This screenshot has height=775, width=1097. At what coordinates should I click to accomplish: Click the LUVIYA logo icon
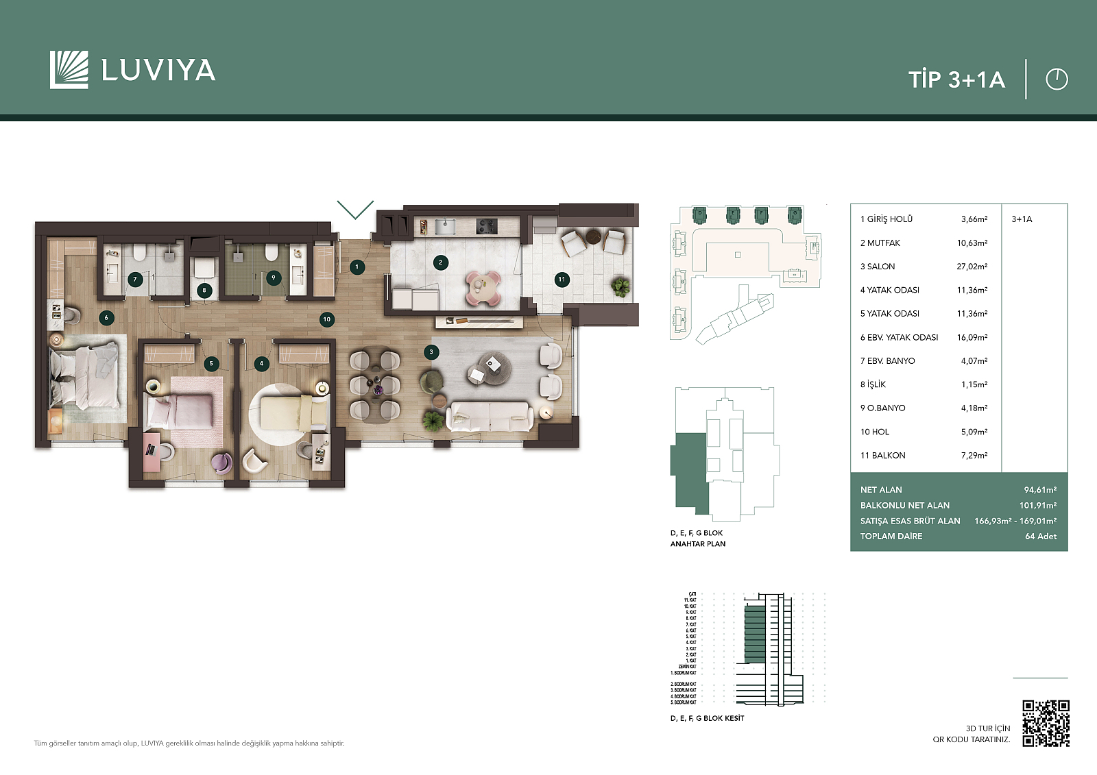click(x=69, y=70)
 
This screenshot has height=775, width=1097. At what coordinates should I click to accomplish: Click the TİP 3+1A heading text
click(x=956, y=79)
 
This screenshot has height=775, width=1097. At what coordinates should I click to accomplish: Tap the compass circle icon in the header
click(x=1057, y=79)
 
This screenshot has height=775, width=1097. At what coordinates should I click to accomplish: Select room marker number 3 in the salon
click(x=431, y=352)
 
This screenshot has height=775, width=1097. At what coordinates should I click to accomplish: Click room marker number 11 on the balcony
click(x=562, y=279)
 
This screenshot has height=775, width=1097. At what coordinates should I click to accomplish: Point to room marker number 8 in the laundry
click(x=204, y=291)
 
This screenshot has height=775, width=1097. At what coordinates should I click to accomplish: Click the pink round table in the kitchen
click(x=483, y=285)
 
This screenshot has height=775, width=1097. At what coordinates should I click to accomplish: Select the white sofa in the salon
click(x=490, y=416)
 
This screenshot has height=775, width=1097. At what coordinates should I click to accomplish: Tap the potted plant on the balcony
click(x=620, y=286)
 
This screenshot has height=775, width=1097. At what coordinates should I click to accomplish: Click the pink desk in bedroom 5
click(x=152, y=452)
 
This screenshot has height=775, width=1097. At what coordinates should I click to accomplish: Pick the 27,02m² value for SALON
click(x=972, y=267)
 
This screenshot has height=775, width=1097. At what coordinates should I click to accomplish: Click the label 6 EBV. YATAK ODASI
click(x=899, y=337)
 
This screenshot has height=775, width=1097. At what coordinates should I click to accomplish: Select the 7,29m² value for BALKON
click(x=974, y=455)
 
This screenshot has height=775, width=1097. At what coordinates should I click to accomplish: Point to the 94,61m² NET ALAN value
click(x=1039, y=490)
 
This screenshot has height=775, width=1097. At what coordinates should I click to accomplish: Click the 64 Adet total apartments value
click(x=1040, y=537)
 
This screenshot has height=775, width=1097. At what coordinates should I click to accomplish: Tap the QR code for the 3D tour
click(x=1046, y=723)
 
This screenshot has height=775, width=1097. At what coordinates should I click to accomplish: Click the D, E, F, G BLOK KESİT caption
click(x=706, y=718)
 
